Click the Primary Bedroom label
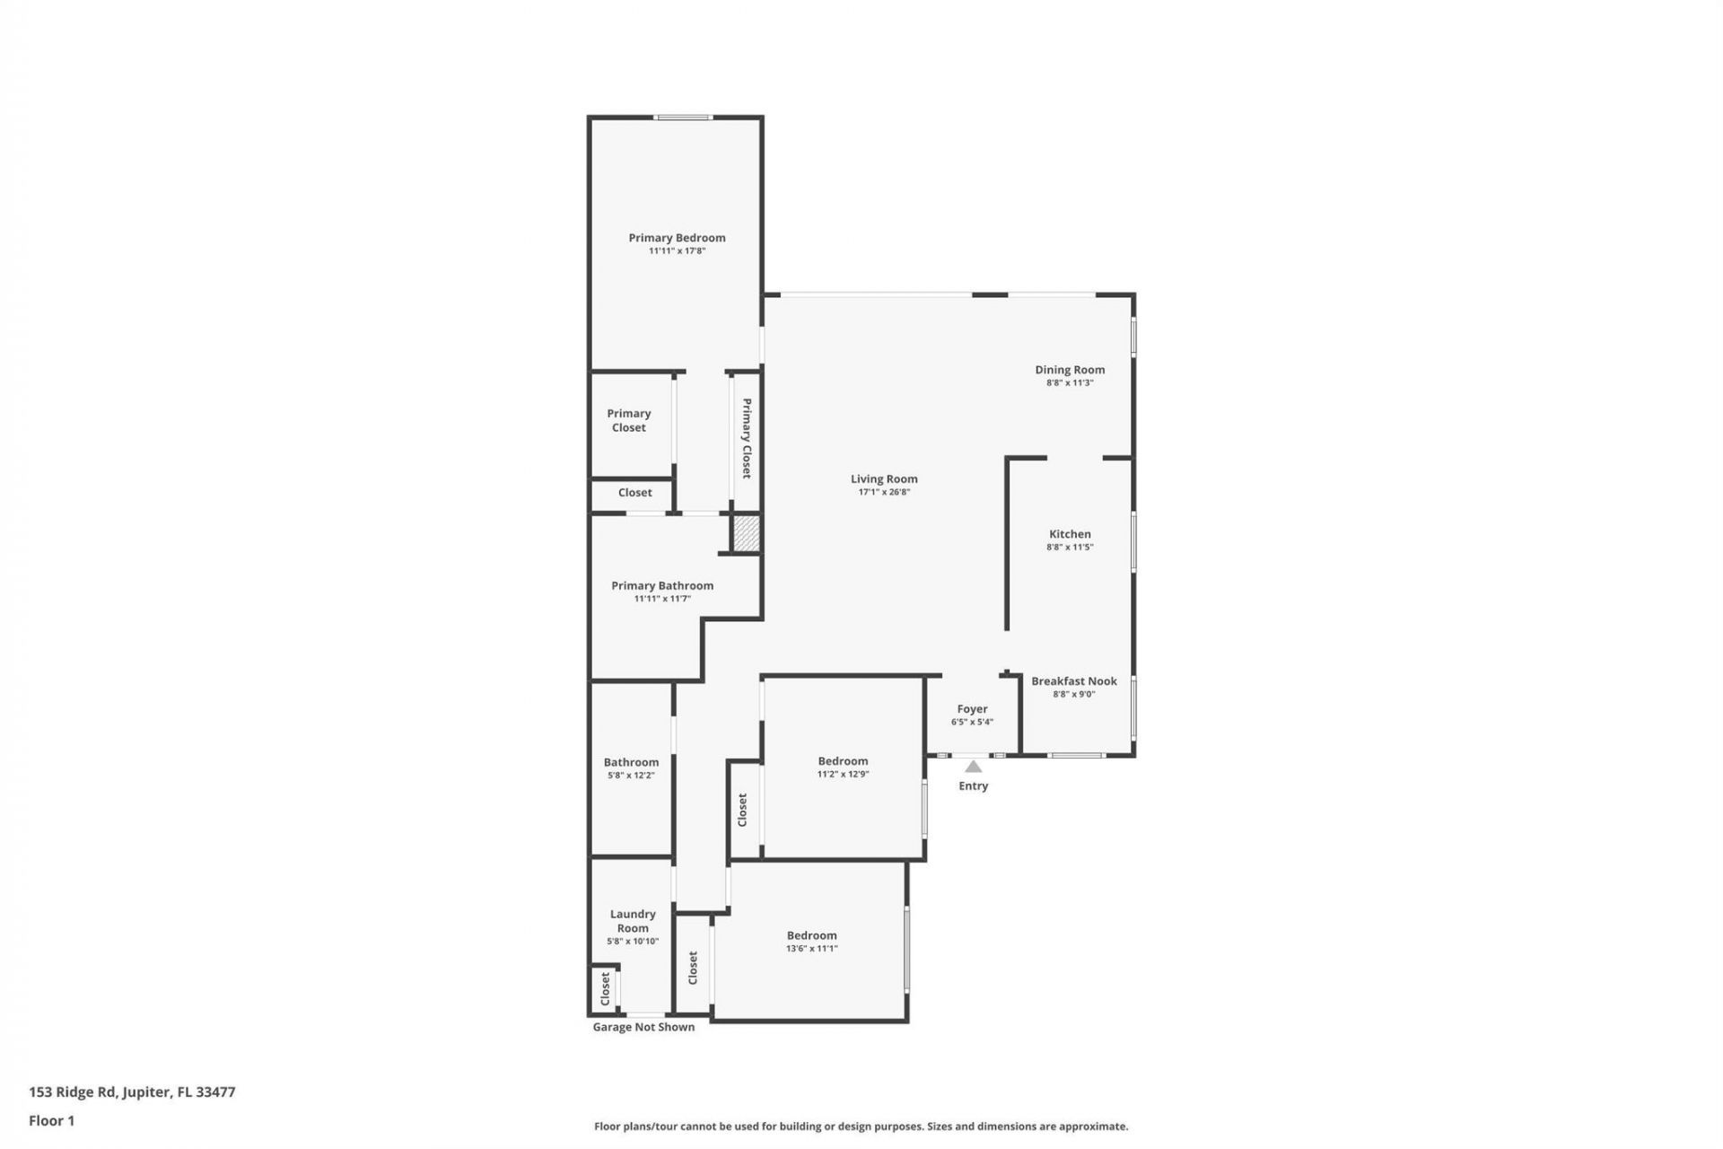click(x=677, y=238)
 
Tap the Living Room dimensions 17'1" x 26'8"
click(x=884, y=492)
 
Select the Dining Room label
click(x=1070, y=370)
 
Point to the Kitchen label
click(x=1070, y=534)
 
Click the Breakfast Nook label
click(x=1074, y=681)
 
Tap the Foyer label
click(x=972, y=709)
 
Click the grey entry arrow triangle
click(x=973, y=767)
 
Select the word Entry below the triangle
click(x=973, y=786)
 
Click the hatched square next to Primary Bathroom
click(x=747, y=534)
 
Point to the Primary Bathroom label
click(x=662, y=585)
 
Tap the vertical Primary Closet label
click(x=747, y=438)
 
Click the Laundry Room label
click(x=633, y=921)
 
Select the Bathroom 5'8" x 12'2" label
click(x=631, y=767)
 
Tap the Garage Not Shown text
click(x=643, y=1027)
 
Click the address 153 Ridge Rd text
click(x=132, y=1092)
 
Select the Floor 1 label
click(x=51, y=1120)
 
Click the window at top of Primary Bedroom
click(x=683, y=117)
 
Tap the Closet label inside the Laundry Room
click(x=605, y=988)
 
